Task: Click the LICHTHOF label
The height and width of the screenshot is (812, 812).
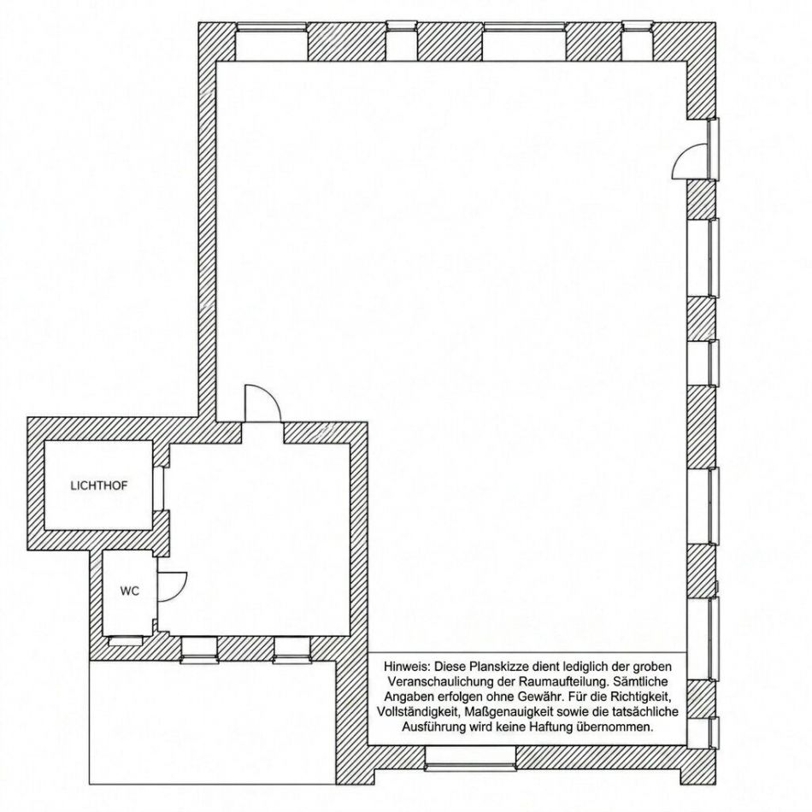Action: click(98, 485)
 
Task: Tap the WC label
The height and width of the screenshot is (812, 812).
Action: click(129, 591)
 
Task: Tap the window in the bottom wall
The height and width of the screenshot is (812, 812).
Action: click(471, 758)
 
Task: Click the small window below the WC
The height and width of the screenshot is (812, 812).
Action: click(125, 641)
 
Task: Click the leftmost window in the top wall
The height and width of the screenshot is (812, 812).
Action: click(271, 41)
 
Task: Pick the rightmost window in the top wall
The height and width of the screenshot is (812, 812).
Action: click(637, 41)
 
